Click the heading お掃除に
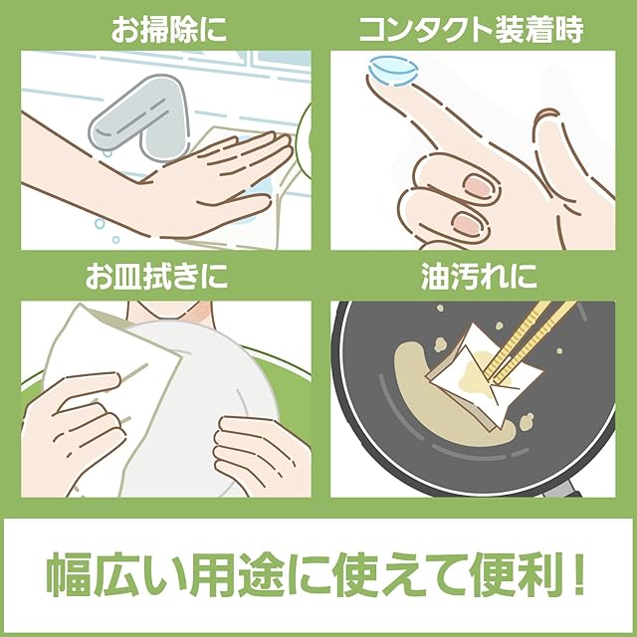click(168, 29)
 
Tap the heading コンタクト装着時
click(471, 29)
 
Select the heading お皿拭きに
click(156, 277)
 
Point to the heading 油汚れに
click(479, 277)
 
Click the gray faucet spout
click(138, 117)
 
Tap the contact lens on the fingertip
click(393, 72)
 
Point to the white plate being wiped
click(203, 406)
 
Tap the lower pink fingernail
click(467, 223)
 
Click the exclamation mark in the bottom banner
click(579, 573)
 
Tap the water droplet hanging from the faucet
click(106, 152)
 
